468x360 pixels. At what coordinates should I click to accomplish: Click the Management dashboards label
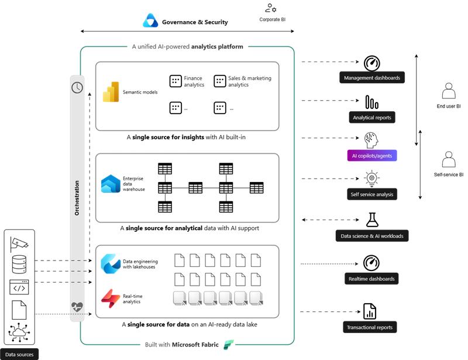[x=372, y=78]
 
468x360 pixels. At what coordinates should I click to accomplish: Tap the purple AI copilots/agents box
[x=372, y=156]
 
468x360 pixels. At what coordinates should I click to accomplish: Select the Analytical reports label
[x=372, y=117]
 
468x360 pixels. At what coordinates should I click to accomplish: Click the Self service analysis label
[x=372, y=194]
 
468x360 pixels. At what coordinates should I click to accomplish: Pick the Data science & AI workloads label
[x=372, y=236]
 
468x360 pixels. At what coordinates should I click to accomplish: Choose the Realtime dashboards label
[x=372, y=279]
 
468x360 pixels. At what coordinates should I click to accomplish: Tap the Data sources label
[x=19, y=354]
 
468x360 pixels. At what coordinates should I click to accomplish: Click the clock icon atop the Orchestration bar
[x=77, y=87]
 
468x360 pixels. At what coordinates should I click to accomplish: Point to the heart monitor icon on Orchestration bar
[x=77, y=306]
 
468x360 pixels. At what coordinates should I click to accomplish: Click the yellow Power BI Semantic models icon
[x=111, y=92]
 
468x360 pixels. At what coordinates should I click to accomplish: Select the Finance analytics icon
[x=175, y=81]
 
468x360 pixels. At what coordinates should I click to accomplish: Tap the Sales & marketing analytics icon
[x=219, y=81]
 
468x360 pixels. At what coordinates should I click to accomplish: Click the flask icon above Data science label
[x=372, y=220]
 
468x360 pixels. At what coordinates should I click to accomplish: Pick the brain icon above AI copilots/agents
[x=371, y=139]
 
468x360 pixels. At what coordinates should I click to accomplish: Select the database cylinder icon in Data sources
[x=19, y=265]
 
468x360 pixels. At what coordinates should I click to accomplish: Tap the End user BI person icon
[x=449, y=91]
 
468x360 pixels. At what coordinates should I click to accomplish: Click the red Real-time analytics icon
[x=111, y=299]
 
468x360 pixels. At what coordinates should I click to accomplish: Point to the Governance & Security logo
[x=150, y=22]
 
